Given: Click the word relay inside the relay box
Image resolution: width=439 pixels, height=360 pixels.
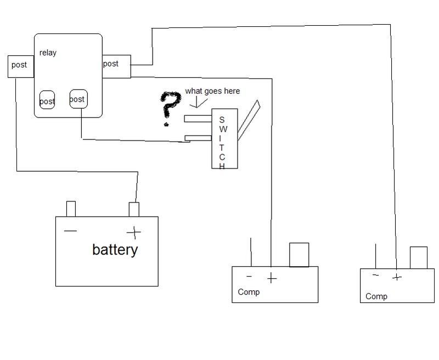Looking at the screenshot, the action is (x=48, y=53).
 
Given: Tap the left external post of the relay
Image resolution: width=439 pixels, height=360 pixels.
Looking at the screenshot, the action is (x=21, y=66).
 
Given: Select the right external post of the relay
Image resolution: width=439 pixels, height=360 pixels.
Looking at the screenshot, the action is (x=116, y=66).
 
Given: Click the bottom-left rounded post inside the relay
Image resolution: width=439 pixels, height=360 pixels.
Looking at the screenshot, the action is (x=47, y=100).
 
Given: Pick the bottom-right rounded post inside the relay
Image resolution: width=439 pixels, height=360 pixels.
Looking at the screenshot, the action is (x=78, y=99).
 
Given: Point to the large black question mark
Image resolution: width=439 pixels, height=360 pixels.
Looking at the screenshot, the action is (x=170, y=109).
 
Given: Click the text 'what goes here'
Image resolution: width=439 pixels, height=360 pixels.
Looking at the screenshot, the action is (x=212, y=91).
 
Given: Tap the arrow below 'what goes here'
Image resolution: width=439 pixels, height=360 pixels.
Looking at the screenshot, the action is (x=198, y=102).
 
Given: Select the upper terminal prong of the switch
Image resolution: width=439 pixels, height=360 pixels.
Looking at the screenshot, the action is (x=198, y=119).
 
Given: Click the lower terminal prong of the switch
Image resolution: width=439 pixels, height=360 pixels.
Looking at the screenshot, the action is (x=198, y=138).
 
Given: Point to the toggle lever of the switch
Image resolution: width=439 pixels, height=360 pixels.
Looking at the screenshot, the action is (x=249, y=120).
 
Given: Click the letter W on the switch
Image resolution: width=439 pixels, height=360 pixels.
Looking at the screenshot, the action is (x=223, y=129).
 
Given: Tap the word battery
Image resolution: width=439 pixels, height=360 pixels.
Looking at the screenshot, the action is (x=115, y=250).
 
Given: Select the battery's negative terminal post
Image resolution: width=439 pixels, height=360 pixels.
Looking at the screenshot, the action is (x=71, y=209).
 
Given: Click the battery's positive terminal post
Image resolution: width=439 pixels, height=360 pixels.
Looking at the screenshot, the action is (x=134, y=210).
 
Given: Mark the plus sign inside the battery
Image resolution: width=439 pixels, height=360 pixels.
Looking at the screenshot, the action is (x=134, y=233).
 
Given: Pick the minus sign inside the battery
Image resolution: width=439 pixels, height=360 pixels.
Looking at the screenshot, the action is (x=70, y=231).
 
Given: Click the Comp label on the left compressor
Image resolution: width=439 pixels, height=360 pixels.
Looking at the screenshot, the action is (x=249, y=292).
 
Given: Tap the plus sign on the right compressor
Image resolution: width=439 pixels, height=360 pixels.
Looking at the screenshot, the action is (x=397, y=278).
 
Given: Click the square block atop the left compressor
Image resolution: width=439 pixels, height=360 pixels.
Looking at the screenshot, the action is (x=299, y=255).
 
